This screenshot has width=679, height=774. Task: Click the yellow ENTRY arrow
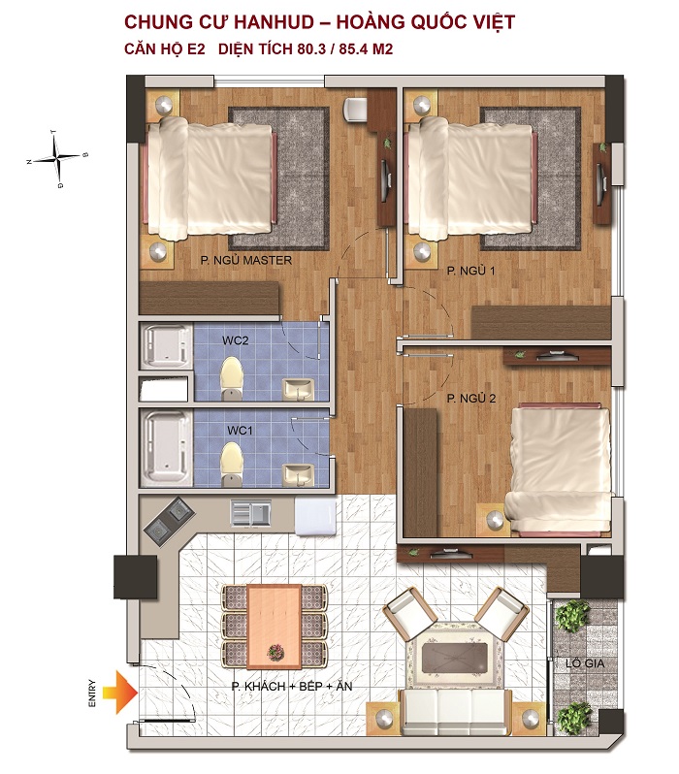120,693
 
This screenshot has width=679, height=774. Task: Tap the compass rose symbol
58,157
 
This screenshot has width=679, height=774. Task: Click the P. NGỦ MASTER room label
246,260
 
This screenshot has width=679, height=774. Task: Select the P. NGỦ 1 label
470,271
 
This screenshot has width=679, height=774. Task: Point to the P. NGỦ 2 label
471,399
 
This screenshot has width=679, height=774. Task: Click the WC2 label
235,340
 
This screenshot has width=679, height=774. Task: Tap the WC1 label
240,431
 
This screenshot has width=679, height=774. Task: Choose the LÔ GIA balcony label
585,663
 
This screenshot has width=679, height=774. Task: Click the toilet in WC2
232,377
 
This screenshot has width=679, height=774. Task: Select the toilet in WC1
232,464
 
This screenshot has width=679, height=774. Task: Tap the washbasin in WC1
298,475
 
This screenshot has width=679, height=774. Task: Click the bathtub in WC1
167,449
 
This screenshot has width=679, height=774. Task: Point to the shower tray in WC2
167,346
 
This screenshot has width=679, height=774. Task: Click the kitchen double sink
251,513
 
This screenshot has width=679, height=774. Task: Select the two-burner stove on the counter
168,521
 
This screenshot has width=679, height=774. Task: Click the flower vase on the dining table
275,653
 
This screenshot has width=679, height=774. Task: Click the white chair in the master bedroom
355,109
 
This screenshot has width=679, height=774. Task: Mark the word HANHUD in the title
274,22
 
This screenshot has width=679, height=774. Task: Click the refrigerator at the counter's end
315,516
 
